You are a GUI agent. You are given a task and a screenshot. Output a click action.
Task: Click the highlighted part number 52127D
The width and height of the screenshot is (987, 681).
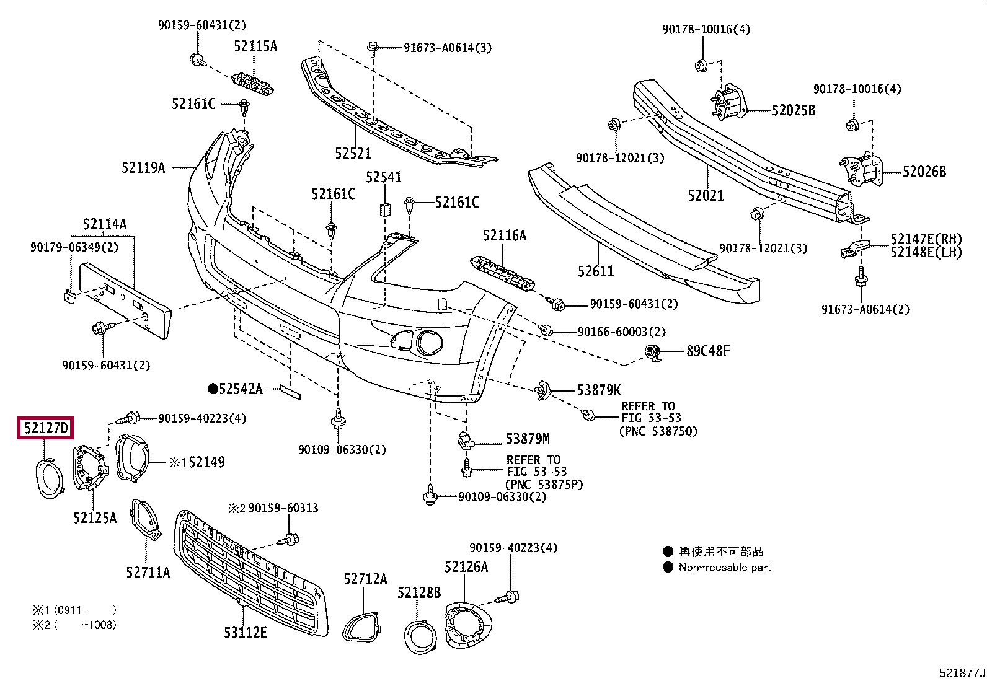pyautogui.click(x=46, y=428)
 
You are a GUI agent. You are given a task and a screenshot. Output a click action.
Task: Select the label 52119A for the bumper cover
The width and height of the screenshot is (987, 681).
pyautogui.click(x=143, y=168)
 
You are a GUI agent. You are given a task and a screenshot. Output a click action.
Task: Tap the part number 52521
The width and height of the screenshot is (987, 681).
pyautogui.click(x=353, y=154)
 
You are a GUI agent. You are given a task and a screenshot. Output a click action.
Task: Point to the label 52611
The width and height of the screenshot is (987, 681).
pyautogui.click(x=595, y=271)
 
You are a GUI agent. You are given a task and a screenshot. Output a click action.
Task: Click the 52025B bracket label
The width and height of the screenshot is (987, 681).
pyautogui.click(x=793, y=110)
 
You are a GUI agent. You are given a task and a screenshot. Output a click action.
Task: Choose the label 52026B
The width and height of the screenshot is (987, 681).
pyautogui.click(x=924, y=172)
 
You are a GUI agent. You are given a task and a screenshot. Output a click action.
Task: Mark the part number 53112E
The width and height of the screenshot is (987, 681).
pyautogui.click(x=246, y=633)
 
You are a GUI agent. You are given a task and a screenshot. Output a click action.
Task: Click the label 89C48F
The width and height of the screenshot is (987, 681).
pyautogui.click(x=708, y=351)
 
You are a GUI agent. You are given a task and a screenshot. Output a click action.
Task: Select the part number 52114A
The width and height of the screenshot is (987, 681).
pyautogui.click(x=104, y=224)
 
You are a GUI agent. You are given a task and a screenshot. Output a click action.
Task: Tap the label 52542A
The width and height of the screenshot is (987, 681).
pyautogui.click(x=240, y=389)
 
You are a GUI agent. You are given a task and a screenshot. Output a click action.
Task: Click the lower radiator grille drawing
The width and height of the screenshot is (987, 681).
pyautogui.click(x=248, y=570)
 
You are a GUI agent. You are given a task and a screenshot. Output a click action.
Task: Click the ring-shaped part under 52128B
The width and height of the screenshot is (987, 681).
pyautogui.click(x=420, y=636)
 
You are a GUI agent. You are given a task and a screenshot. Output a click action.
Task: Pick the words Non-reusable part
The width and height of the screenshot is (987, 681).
pyautogui.click(x=724, y=568)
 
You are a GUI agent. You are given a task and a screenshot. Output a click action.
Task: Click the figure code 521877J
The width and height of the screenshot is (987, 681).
pyautogui.click(x=961, y=673)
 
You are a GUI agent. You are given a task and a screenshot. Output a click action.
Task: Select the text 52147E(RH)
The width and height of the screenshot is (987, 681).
pyautogui.click(x=926, y=239)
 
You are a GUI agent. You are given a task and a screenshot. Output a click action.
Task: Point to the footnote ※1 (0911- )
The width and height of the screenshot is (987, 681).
pyautogui.click(x=74, y=610)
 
